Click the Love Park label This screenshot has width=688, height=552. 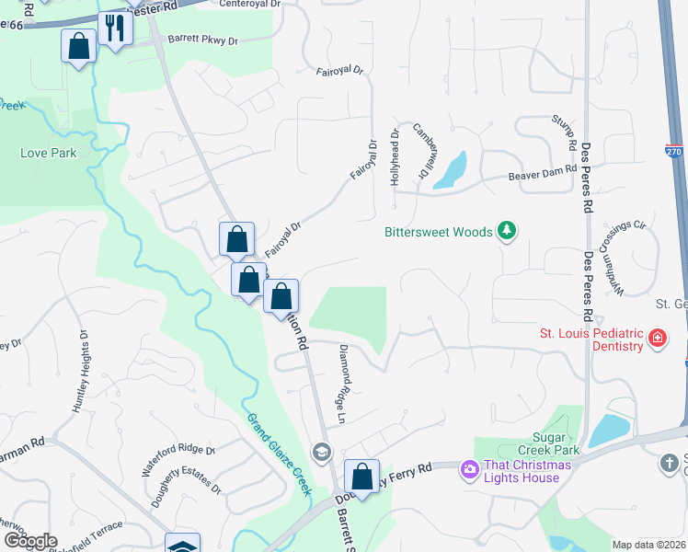(49, 153)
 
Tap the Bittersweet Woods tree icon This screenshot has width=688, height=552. (505, 230)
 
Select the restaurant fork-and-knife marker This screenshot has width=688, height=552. (115, 28)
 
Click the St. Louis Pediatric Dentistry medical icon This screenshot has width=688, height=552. (657, 339)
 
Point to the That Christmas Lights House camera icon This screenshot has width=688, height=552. (470, 470)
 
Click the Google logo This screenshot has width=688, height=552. (29, 541)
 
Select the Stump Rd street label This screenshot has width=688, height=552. (562, 131)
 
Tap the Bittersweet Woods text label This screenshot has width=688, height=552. (438, 232)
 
